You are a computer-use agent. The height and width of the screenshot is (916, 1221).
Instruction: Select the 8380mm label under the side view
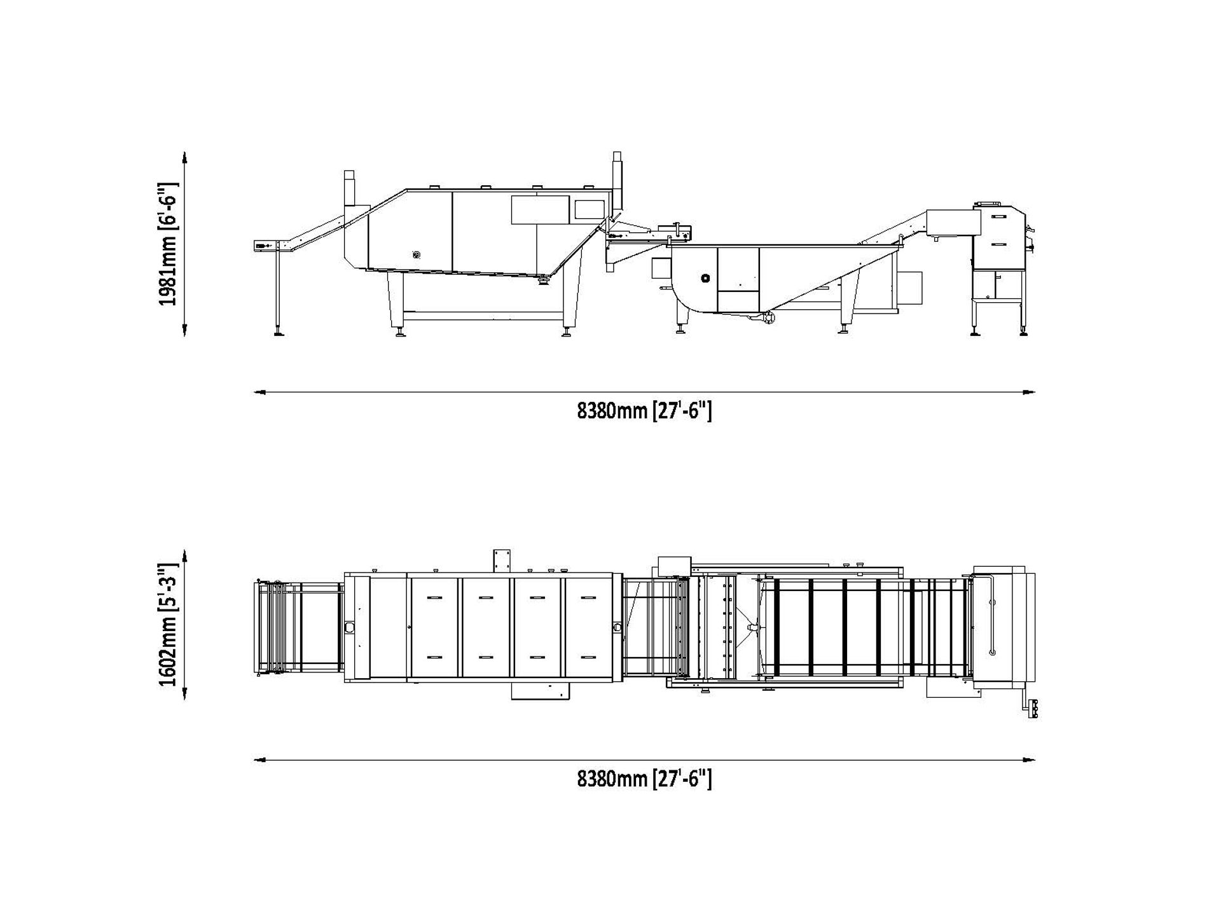pyautogui.click(x=644, y=412)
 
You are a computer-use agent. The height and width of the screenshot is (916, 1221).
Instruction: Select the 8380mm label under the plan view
pyautogui.click(x=644, y=779)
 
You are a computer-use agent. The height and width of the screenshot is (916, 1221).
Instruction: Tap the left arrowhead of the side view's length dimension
pyautogui.click(x=258, y=392)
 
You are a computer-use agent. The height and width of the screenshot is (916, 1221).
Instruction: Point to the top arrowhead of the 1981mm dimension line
pyautogui.click(x=184, y=156)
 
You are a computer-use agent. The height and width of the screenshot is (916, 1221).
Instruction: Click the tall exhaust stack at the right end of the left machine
pyautogui.click(x=616, y=178)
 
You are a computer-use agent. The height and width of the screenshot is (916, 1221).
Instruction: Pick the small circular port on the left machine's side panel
pyautogui.click(x=416, y=255)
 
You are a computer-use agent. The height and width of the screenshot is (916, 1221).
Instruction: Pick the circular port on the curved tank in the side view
pyautogui.click(x=705, y=278)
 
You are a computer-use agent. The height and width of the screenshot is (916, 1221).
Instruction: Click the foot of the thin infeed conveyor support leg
pyautogui.click(x=279, y=333)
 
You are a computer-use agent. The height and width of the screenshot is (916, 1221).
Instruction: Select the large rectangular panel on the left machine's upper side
pyautogui.click(x=540, y=209)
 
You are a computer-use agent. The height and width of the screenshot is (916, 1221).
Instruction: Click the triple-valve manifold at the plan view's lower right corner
pyautogui.click(x=1033, y=707)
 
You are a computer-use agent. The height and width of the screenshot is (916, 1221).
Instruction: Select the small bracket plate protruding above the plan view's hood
pyautogui.click(x=502, y=560)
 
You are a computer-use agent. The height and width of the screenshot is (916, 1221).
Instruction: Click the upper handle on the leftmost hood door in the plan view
pyautogui.click(x=434, y=597)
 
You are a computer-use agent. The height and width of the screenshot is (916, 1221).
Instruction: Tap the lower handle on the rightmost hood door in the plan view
pyautogui.click(x=588, y=656)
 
